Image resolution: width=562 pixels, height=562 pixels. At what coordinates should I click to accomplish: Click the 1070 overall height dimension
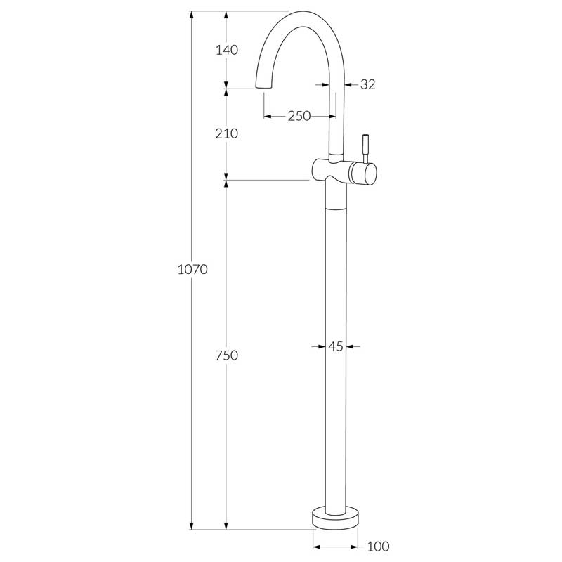click(192, 269)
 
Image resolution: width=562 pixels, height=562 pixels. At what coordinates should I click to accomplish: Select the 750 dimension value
click(226, 355)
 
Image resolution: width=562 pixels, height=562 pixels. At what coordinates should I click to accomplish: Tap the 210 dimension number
click(226, 133)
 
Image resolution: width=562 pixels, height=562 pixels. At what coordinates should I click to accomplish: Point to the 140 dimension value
click(226, 50)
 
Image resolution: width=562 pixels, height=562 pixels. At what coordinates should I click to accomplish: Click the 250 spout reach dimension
click(299, 116)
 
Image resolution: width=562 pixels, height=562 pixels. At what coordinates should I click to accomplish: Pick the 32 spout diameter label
click(367, 84)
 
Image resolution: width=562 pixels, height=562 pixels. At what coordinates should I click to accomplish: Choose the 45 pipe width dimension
click(335, 346)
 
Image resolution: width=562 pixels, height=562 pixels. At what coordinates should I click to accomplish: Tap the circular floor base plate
click(335, 518)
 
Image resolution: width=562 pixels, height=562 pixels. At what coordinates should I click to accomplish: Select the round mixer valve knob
click(365, 172)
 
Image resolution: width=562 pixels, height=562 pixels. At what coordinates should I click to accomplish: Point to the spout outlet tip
click(262, 86)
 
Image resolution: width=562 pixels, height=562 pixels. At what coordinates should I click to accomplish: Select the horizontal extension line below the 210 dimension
click(267, 180)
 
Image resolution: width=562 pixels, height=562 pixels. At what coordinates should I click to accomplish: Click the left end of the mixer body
click(315, 169)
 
